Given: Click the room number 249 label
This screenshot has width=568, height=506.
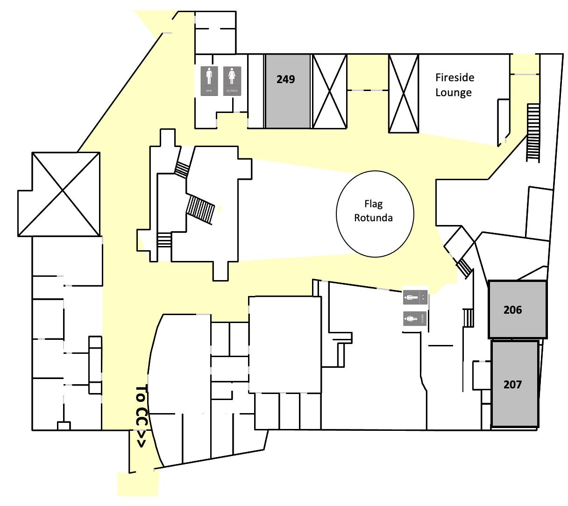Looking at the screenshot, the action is coord(285,79).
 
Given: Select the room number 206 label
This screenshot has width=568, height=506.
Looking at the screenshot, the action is coord(512,309).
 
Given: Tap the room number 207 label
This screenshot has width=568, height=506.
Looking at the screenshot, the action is coord(512,385).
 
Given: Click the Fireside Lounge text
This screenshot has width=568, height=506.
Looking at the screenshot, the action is coord(454,85).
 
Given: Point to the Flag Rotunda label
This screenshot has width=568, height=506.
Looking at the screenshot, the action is coord(373,211).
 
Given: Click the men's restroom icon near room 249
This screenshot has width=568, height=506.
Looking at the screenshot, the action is coord(209,81).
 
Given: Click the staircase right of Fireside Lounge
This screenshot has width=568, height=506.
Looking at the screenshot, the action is coord(533,133).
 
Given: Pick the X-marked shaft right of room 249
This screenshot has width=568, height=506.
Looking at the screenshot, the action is coord(330,91).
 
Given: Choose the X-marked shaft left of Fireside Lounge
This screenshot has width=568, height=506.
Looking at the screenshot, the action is coord(404,93).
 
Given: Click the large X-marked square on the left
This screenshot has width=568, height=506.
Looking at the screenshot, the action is coord(65,194).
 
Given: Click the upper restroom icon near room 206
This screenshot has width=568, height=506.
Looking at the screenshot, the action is coord(415,296).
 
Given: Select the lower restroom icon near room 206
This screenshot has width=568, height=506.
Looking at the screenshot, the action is coord(415,319).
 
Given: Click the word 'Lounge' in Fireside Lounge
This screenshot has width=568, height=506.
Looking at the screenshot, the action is coord(454,92).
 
